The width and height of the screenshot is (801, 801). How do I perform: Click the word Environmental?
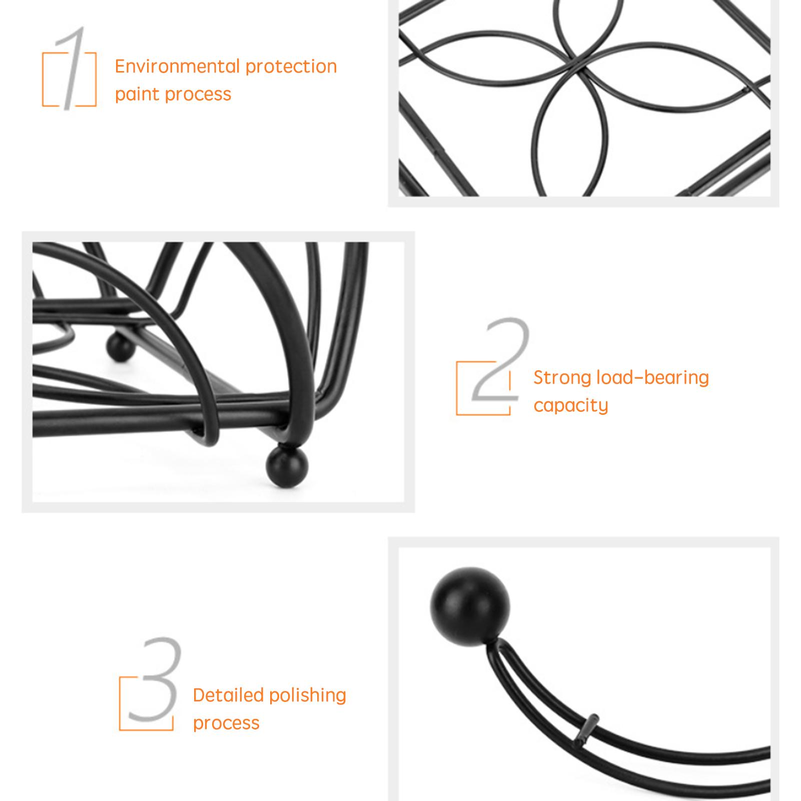(177, 66)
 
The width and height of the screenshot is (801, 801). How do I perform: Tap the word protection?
(291, 67)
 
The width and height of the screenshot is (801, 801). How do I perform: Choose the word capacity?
(571, 406)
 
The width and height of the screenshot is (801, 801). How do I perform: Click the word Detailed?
(228, 695)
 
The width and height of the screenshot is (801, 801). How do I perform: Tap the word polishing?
(308, 696)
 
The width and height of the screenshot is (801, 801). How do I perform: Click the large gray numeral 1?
(70, 68)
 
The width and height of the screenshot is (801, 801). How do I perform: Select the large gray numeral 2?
(500, 359)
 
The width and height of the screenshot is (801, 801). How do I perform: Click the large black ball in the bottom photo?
(470, 606)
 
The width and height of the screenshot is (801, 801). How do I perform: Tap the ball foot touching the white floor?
(287, 466)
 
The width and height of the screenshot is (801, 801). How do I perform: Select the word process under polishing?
(226, 723)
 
